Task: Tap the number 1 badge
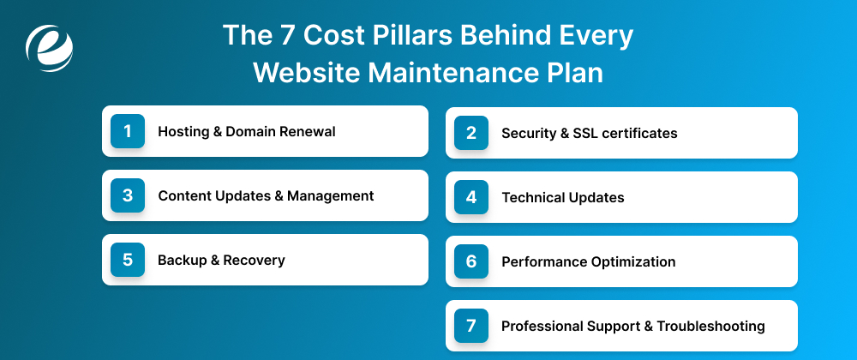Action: tap(128, 131)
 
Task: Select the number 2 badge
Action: tap(470, 133)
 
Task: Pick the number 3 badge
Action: tap(128, 195)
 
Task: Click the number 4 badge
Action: tap(470, 197)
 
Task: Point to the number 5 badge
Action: tap(128, 260)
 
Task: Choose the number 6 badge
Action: tap(470, 261)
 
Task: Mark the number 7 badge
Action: tap(470, 326)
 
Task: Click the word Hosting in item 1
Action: tap(183, 132)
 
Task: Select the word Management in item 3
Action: tap(331, 195)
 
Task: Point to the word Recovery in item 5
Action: tap(255, 260)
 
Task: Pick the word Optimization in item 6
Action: tap(633, 261)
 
